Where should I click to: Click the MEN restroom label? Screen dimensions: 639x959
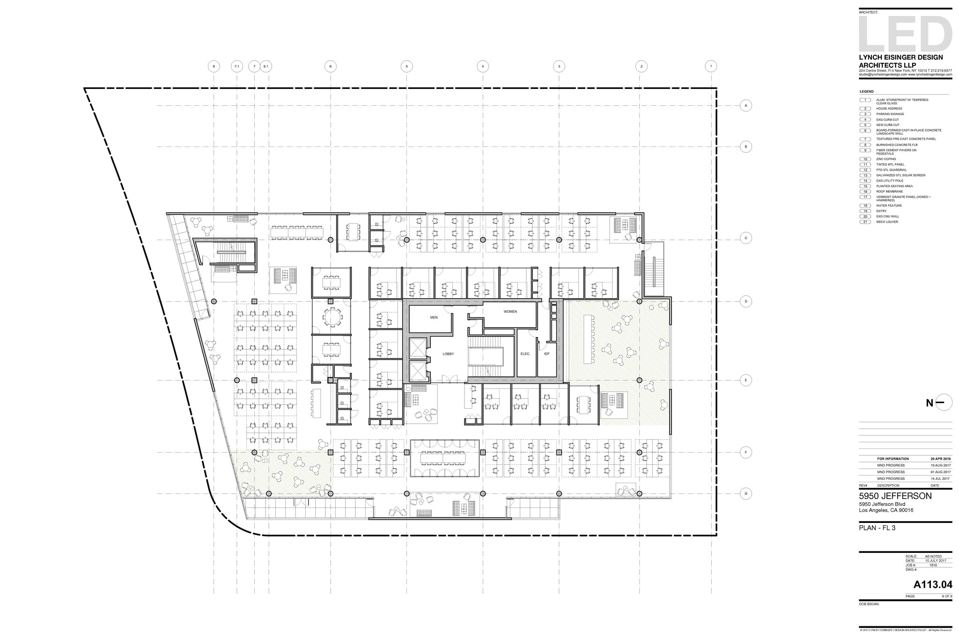point(434,317)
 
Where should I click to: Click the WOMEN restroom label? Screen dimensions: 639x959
point(510,311)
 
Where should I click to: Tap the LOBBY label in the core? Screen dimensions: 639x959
point(448,354)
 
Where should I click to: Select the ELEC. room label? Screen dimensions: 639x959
point(525,354)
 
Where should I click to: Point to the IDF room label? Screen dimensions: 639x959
point(546,354)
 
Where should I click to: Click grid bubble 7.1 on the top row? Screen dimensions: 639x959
point(236,66)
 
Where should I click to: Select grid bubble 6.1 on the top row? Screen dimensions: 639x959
point(266,66)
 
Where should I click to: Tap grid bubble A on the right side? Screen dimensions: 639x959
point(746,106)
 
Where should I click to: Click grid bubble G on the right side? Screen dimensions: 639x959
point(746,493)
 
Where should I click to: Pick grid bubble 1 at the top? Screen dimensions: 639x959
point(711,66)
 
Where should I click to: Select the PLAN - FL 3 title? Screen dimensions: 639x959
point(877,528)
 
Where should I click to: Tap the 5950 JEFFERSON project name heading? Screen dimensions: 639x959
point(895,496)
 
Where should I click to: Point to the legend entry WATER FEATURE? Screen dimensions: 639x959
point(889,206)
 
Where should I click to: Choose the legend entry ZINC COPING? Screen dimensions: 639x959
point(886,159)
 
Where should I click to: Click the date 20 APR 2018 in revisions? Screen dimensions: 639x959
point(940,459)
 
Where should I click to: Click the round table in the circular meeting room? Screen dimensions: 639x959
point(332,317)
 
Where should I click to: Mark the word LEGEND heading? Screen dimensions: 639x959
point(866,91)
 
